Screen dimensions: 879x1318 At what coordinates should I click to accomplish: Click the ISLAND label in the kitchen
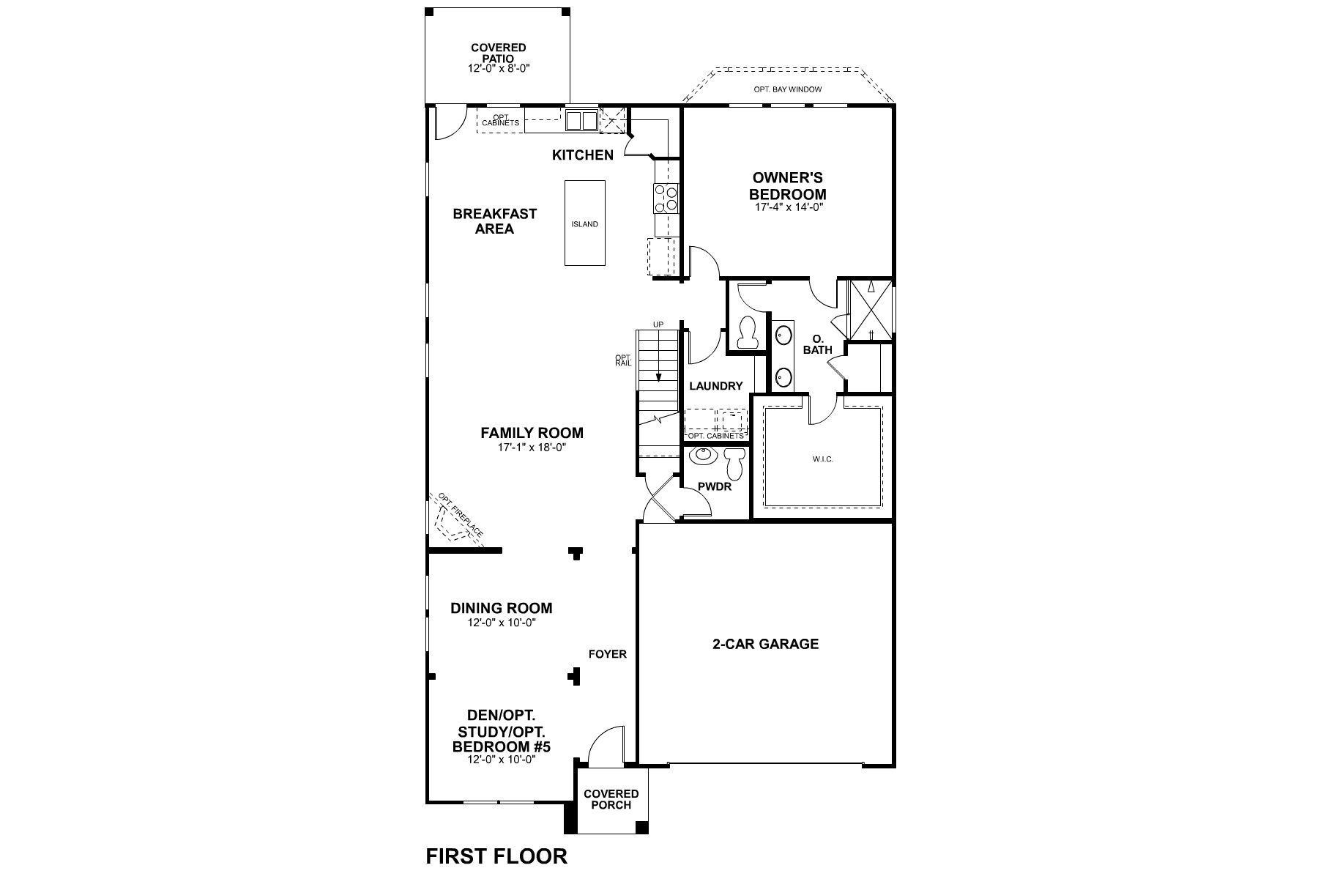click(584, 224)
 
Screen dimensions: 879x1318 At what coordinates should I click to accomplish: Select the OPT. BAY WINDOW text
click(787, 89)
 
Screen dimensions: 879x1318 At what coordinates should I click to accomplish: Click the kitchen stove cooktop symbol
click(667, 198)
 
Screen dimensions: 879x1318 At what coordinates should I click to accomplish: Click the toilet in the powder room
click(734, 464)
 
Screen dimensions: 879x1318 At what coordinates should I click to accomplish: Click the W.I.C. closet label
click(823, 459)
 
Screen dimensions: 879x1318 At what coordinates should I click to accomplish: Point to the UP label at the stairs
click(658, 324)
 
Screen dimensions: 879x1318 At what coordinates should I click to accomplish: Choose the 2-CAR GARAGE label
click(765, 644)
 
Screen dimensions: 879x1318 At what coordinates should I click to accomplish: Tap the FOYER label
click(608, 654)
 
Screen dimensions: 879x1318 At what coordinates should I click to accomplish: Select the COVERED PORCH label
click(611, 799)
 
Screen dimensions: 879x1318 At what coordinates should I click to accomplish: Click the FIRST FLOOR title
click(496, 856)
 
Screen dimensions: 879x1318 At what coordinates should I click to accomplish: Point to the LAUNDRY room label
click(715, 386)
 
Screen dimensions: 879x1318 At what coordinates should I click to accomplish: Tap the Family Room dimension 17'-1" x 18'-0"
click(532, 447)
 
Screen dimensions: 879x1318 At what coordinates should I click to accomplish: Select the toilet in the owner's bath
click(748, 333)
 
